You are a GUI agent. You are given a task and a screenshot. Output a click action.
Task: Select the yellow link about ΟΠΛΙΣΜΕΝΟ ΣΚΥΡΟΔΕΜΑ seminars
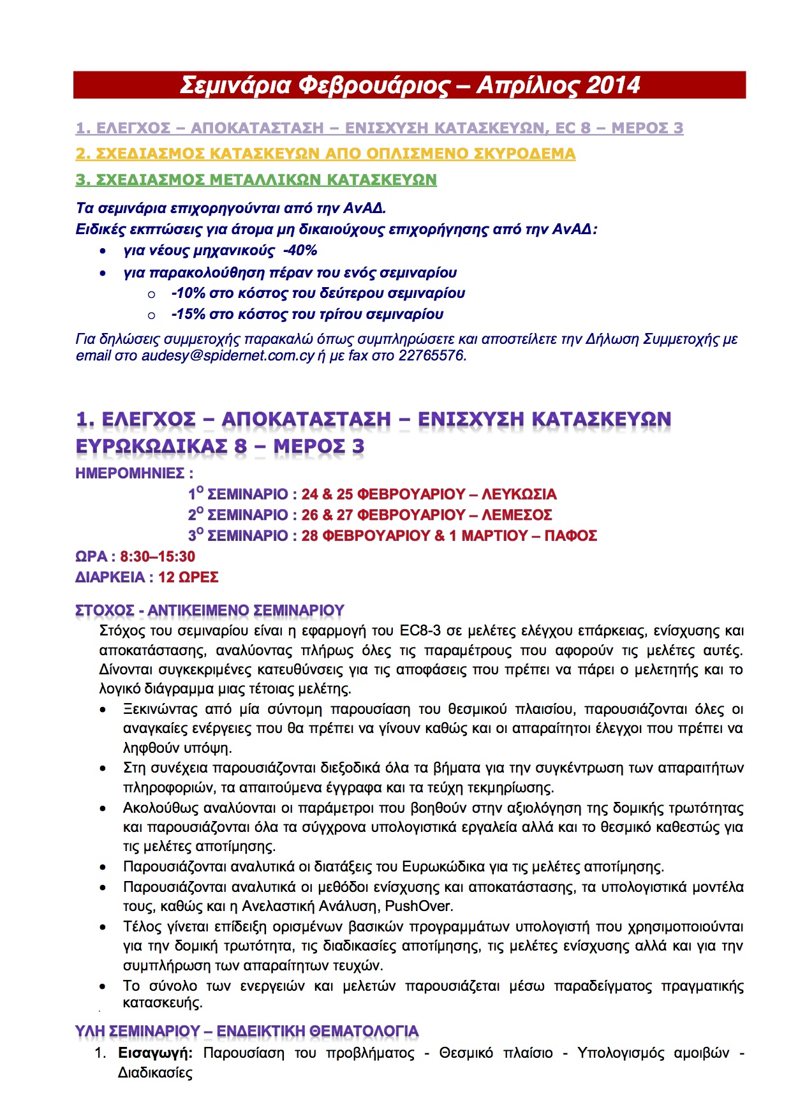[x=325, y=154]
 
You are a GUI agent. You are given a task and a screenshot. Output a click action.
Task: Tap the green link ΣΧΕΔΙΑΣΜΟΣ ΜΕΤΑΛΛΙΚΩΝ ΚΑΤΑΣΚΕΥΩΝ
[x=256, y=180]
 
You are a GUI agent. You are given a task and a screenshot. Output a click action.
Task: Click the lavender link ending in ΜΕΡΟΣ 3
[x=379, y=128]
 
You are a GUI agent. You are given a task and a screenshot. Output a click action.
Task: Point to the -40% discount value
[x=300, y=251]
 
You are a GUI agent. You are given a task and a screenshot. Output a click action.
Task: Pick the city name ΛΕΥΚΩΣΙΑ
[x=519, y=494]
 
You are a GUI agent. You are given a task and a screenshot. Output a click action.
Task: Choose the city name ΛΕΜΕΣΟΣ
[x=517, y=515]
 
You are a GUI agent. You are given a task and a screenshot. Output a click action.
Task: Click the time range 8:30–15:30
[x=158, y=557]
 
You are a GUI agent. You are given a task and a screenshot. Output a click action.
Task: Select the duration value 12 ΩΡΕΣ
[x=188, y=577]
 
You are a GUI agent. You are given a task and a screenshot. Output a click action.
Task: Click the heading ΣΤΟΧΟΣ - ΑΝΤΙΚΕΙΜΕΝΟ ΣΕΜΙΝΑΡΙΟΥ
[x=209, y=611]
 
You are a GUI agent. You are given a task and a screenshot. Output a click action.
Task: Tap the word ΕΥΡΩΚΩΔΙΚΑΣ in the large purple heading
[x=151, y=447]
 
